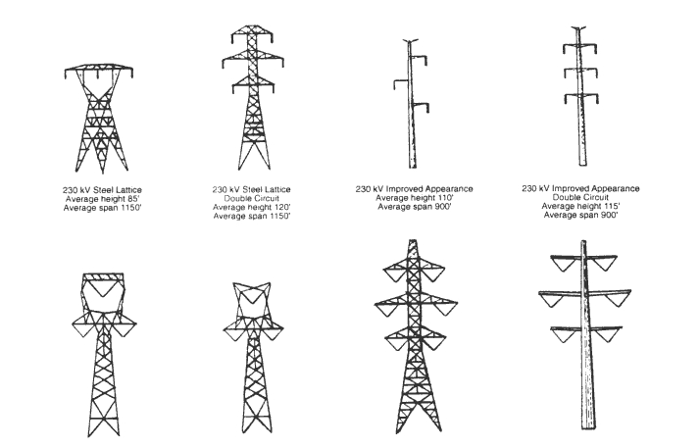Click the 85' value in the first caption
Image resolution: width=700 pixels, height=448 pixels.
(133, 199)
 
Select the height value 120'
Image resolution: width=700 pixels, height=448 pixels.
(282, 207)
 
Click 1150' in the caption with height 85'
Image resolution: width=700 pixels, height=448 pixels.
(131, 208)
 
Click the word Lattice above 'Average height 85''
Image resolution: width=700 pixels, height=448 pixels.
(128, 190)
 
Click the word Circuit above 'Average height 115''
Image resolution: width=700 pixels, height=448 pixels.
(596, 197)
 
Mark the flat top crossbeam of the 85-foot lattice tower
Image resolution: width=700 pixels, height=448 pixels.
(99, 69)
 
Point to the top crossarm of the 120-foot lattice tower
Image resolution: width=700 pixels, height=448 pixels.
(252, 34)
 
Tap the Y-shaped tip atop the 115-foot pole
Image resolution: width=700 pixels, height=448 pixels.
(578, 29)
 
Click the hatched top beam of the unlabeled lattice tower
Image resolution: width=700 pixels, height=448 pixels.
(103, 276)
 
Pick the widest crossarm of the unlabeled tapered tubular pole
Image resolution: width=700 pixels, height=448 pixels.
(585, 293)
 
